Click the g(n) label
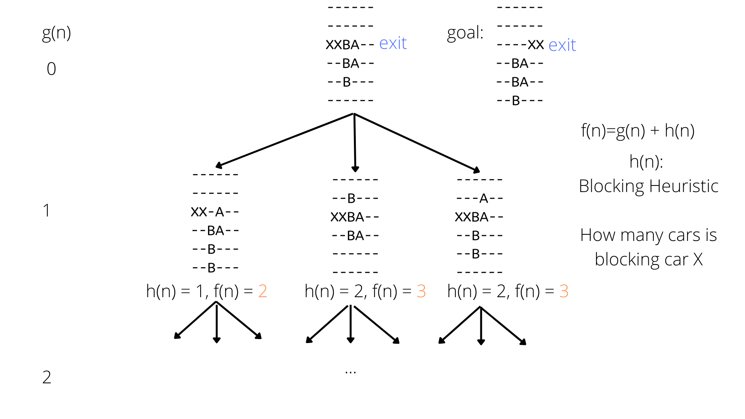(x=56, y=33)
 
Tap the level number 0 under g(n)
(x=51, y=69)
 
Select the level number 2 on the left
(x=47, y=377)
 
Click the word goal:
(x=465, y=33)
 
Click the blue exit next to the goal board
(x=562, y=45)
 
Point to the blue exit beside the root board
(x=393, y=43)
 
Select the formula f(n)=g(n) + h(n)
(x=638, y=131)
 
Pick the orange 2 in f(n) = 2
(x=263, y=291)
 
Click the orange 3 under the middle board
(x=421, y=291)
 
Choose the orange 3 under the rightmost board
(x=564, y=291)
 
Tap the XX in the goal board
(x=536, y=45)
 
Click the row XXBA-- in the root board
(x=350, y=45)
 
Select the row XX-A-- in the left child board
(x=215, y=212)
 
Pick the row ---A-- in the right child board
(x=480, y=199)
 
